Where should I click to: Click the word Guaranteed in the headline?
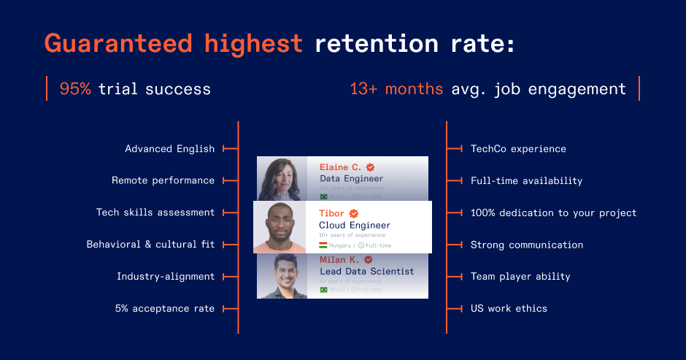click(120, 43)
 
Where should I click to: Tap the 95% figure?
click(75, 89)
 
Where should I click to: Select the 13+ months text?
click(396, 89)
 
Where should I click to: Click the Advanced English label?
click(170, 149)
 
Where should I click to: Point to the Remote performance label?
click(163, 180)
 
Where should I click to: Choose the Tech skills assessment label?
click(155, 212)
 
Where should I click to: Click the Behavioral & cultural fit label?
click(150, 245)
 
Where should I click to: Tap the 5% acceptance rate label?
click(165, 308)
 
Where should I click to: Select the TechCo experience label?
click(518, 149)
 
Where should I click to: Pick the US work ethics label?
click(509, 308)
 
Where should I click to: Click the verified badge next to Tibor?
click(354, 213)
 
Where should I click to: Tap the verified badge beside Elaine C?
click(371, 167)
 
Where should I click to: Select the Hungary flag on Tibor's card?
click(323, 245)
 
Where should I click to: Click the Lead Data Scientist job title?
click(366, 271)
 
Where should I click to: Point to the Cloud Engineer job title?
click(355, 226)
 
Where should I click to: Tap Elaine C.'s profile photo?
click(281, 178)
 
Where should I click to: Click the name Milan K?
click(339, 259)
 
